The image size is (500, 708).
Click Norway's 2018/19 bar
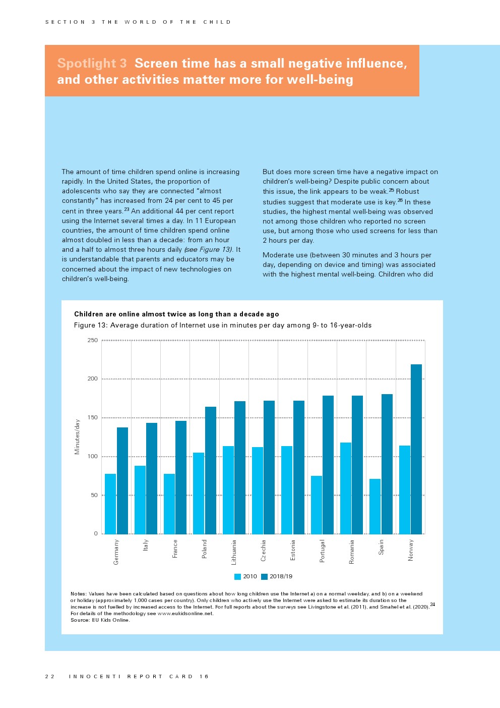[x=416, y=449]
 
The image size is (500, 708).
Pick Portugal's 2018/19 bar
[x=328, y=465]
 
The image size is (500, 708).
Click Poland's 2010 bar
[x=199, y=493]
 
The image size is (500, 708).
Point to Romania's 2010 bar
[x=346, y=488]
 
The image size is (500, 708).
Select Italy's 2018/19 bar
[x=152, y=478]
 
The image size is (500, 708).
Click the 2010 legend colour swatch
[x=237, y=577]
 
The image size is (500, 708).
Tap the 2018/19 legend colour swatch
[x=264, y=577]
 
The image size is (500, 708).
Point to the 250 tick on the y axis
[x=93, y=341]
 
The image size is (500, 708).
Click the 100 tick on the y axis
[x=93, y=457]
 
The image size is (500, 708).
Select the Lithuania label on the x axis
[x=234, y=552]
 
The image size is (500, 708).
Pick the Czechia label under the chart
[x=263, y=551]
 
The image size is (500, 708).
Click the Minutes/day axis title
[x=77, y=437]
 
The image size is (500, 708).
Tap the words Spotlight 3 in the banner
[x=92, y=64]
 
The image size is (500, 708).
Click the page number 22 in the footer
[x=49, y=677]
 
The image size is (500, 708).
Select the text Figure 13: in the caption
[x=91, y=325]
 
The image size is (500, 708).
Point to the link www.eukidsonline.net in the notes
[x=185, y=614]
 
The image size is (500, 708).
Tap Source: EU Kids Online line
[x=100, y=620]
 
